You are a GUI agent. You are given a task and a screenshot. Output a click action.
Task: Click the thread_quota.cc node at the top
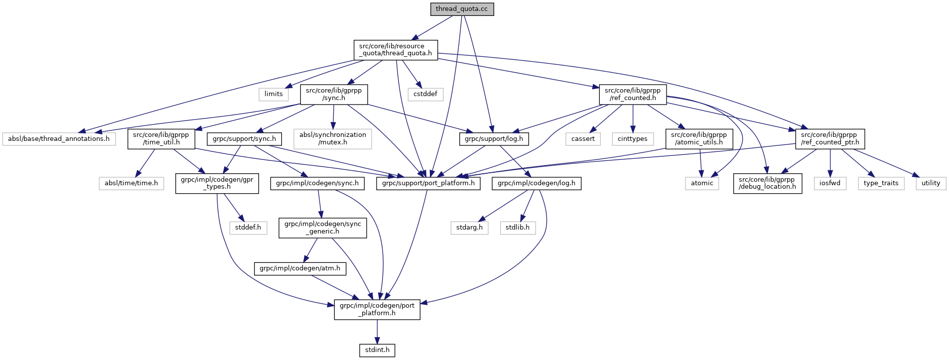tap(462, 9)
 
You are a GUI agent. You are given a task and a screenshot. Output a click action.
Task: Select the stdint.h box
tap(377, 350)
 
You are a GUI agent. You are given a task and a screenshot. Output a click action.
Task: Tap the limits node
tap(273, 94)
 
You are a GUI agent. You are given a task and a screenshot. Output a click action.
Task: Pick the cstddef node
tap(425, 94)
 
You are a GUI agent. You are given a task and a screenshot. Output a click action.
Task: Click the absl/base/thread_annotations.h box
tap(59, 139)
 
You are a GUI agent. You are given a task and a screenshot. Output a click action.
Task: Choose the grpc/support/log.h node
tap(494, 139)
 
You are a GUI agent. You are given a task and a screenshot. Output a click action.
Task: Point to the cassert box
tap(583, 139)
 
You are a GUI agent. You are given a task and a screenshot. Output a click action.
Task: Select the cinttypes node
tap(632, 139)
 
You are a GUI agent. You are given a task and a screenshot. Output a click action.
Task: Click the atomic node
tap(702, 183)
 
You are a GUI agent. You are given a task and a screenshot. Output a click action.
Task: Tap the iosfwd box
tap(830, 183)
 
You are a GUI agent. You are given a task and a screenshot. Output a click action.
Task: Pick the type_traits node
tap(881, 183)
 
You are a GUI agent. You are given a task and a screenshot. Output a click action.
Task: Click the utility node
tap(931, 183)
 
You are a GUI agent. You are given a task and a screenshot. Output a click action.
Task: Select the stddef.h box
tap(248, 228)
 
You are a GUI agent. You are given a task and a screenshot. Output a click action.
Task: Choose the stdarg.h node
tap(469, 228)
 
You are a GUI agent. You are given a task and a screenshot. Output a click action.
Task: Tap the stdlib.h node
tap(518, 228)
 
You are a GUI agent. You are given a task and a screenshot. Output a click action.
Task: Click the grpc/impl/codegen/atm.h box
tap(300, 268)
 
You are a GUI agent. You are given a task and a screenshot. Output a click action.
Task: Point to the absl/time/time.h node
tap(131, 183)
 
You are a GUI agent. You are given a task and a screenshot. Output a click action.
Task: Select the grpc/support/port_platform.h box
tap(428, 183)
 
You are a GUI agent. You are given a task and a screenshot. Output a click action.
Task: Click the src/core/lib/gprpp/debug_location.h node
tap(767, 183)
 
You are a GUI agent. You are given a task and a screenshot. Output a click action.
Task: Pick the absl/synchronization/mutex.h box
tap(333, 139)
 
